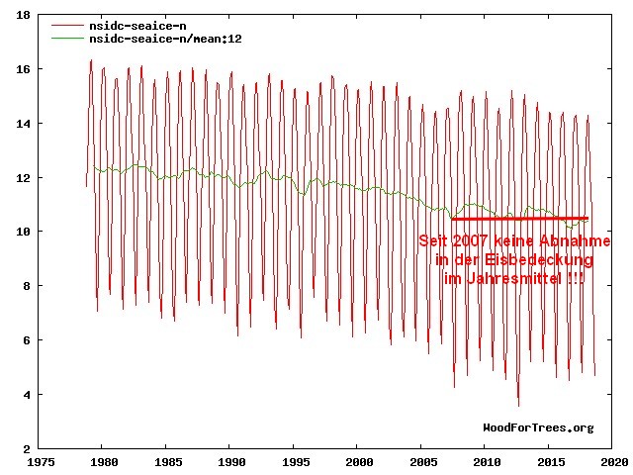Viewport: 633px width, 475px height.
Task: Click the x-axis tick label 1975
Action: pos(42,461)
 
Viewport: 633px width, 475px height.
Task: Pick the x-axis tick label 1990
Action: pos(230,461)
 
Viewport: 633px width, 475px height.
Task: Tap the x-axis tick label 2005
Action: pos(422,461)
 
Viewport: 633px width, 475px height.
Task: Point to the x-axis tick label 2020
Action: pos(613,461)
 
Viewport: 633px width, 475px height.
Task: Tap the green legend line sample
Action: pos(68,39)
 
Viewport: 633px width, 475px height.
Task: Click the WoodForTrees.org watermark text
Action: pos(538,427)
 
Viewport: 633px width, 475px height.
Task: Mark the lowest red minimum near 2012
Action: pos(517,405)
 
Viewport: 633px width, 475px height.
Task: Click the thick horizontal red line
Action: pos(519,219)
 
